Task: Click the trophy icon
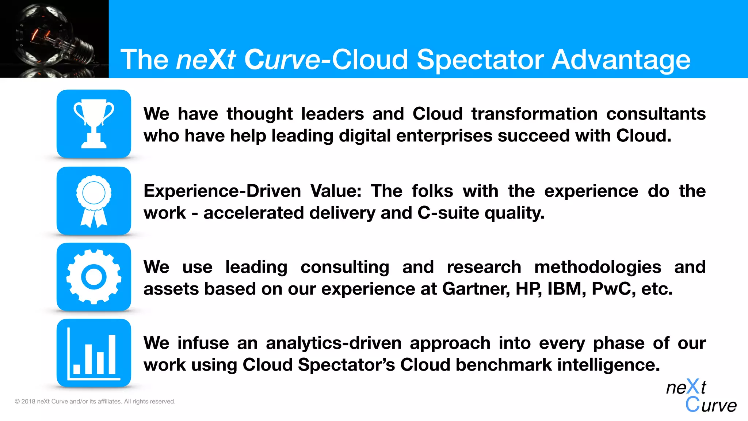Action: [x=94, y=124]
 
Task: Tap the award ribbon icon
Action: [x=94, y=201]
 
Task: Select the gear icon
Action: [x=94, y=277]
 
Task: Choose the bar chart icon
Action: [x=94, y=353]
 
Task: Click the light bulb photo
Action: [x=54, y=39]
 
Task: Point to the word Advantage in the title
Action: [x=621, y=60]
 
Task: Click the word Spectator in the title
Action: [x=480, y=60]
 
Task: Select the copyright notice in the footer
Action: [x=95, y=401]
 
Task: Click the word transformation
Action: [x=534, y=114]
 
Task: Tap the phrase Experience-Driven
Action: [x=222, y=191]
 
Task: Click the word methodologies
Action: [x=598, y=267]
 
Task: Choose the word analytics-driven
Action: [x=333, y=343]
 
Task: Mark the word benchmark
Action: [x=504, y=365]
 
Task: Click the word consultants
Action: [x=656, y=114]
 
